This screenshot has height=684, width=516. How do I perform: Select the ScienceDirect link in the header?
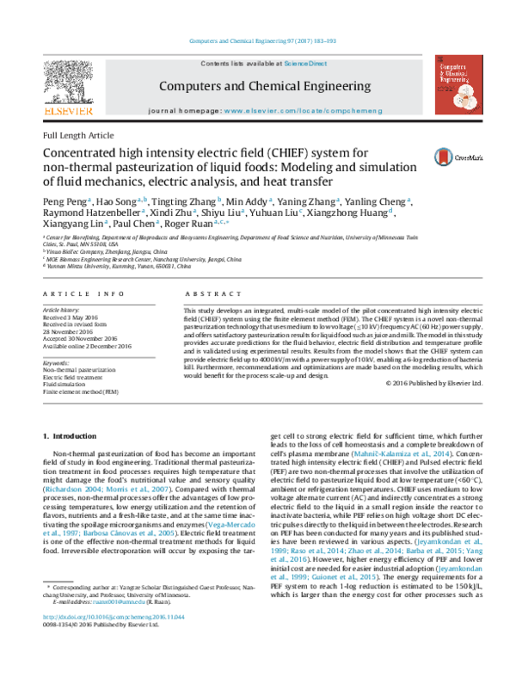click(305, 65)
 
